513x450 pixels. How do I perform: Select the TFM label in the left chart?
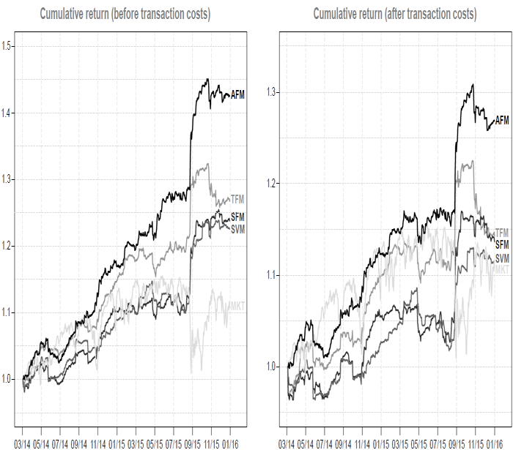pyautogui.click(x=237, y=199)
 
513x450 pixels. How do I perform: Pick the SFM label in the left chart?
pyautogui.click(x=237, y=217)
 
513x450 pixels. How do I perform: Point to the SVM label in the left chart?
pyautogui.click(x=237, y=230)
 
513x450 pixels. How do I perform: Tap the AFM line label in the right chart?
pyautogui.click(x=502, y=120)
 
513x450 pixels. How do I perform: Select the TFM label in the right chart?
pyautogui.click(x=502, y=233)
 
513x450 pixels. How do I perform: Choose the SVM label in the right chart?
pyautogui.click(x=502, y=259)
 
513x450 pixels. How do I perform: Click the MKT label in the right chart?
pyautogui.click(x=502, y=271)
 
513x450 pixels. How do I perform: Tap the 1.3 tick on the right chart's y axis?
pyautogui.click(x=273, y=92)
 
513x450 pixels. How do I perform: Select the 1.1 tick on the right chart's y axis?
pyautogui.click(x=273, y=275)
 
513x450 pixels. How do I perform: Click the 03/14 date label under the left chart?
pyautogui.click(x=23, y=443)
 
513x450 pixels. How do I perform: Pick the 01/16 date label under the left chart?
pyautogui.click(x=232, y=443)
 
